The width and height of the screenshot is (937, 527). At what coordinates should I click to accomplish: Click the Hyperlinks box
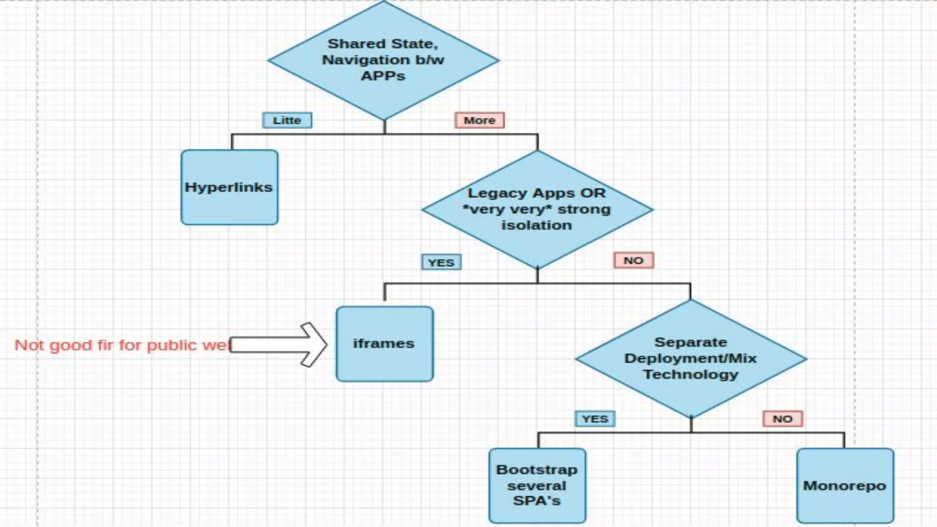[x=229, y=187]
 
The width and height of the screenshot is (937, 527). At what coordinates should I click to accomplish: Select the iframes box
[x=384, y=344]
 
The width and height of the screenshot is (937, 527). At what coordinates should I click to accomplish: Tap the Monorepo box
[x=845, y=485]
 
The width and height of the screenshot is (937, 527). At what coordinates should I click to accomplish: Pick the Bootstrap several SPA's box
[x=537, y=485]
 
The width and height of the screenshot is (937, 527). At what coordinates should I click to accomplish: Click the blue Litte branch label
[x=287, y=120]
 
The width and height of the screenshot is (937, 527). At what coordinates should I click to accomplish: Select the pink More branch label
[x=479, y=120]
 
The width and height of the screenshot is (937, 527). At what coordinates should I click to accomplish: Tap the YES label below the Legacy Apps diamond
[x=441, y=263]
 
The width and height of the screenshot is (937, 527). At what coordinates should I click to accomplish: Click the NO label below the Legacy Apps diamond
[x=633, y=260]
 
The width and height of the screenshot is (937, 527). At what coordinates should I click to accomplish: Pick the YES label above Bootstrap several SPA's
[x=595, y=419]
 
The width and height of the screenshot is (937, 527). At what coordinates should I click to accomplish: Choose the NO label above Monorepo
[x=782, y=419]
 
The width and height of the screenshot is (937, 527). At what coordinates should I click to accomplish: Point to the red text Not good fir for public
[x=121, y=345]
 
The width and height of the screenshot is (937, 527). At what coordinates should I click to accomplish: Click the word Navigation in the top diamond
[x=359, y=60]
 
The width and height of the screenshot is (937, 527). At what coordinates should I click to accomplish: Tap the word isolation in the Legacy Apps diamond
[x=537, y=225]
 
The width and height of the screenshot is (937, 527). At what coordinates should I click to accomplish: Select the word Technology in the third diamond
[x=691, y=374]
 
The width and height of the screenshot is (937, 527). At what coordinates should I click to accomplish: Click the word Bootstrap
[x=537, y=470]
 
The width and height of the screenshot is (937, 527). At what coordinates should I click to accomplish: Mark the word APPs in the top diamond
[x=383, y=76]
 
